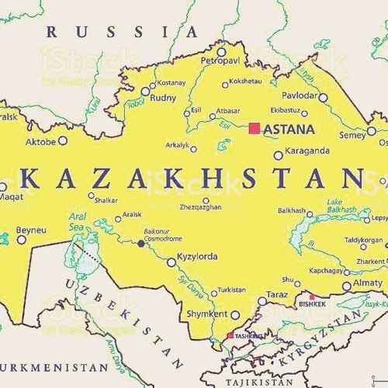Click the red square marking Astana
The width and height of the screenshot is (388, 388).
254,127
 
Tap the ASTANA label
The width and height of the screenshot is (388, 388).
289,129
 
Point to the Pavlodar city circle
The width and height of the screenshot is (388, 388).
323,98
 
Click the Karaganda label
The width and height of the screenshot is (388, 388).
308,151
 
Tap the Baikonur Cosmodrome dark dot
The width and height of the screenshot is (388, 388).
140,243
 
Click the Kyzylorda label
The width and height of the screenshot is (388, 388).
197,257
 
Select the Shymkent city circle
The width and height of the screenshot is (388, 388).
234,314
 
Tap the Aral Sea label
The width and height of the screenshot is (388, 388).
78,222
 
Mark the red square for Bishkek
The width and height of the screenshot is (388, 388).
313,296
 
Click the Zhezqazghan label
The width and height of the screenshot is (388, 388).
200,208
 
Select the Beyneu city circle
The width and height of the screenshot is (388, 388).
22,241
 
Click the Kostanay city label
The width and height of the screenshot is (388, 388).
171,82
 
